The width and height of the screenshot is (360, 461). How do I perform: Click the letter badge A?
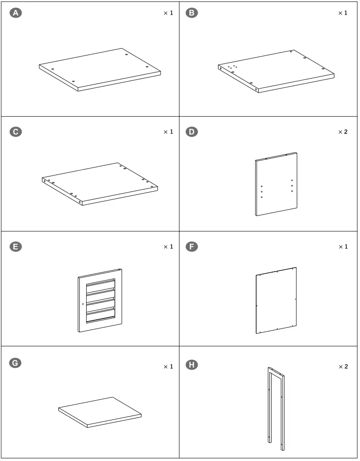click(x=15, y=13)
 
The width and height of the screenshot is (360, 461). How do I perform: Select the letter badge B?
click(x=191, y=13)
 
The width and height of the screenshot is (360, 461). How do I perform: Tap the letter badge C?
click(x=15, y=132)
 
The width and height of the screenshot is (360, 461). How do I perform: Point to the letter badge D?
click(x=191, y=132)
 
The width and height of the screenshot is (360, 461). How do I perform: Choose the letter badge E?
click(x=15, y=246)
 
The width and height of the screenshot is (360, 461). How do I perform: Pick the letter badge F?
click(x=191, y=246)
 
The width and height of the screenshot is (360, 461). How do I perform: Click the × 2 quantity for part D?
click(x=343, y=132)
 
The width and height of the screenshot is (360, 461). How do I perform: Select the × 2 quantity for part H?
click(x=343, y=366)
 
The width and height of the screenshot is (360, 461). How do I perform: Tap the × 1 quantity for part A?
click(x=168, y=13)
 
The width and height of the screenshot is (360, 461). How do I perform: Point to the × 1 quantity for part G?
click(x=168, y=366)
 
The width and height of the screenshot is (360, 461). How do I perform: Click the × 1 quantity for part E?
click(x=168, y=246)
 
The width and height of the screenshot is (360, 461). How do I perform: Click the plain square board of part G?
click(x=100, y=411)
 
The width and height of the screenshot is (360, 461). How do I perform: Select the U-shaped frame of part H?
click(x=276, y=407)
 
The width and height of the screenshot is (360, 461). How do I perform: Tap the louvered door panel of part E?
click(x=100, y=300)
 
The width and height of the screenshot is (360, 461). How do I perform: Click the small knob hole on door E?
click(x=83, y=304)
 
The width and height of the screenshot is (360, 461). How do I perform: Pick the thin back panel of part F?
click(x=276, y=300)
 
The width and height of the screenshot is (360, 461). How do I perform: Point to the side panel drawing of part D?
click(x=276, y=184)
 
